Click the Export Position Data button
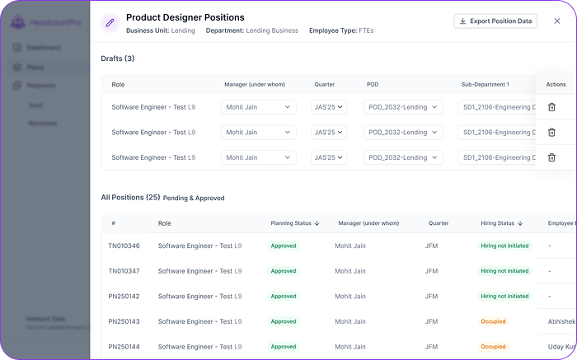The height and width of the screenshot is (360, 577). [x=495, y=21]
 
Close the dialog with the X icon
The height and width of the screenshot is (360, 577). [x=556, y=21]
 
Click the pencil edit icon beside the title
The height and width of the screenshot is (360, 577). [x=110, y=23]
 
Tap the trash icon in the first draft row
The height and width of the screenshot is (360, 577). [x=551, y=107]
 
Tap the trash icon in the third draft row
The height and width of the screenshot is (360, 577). [x=551, y=157]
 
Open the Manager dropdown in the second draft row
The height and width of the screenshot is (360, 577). [x=258, y=133]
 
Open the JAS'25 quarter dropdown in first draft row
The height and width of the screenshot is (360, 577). [x=329, y=107]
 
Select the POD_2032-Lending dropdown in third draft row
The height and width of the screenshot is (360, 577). [x=403, y=157]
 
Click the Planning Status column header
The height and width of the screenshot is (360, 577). [x=295, y=223]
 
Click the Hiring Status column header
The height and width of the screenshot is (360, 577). [x=502, y=223]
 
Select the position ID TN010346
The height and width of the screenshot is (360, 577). [x=124, y=245]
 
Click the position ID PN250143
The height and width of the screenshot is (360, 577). [x=124, y=321]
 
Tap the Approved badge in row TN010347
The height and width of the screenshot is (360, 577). [x=284, y=271]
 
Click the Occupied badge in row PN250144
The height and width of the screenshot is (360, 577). [x=493, y=347]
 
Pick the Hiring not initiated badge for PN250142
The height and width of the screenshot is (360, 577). [x=505, y=297]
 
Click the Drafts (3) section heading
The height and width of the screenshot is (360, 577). [x=118, y=58]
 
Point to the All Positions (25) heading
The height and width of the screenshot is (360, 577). [x=130, y=198]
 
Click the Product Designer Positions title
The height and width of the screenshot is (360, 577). [x=185, y=17]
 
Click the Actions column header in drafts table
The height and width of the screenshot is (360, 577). [x=556, y=85]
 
